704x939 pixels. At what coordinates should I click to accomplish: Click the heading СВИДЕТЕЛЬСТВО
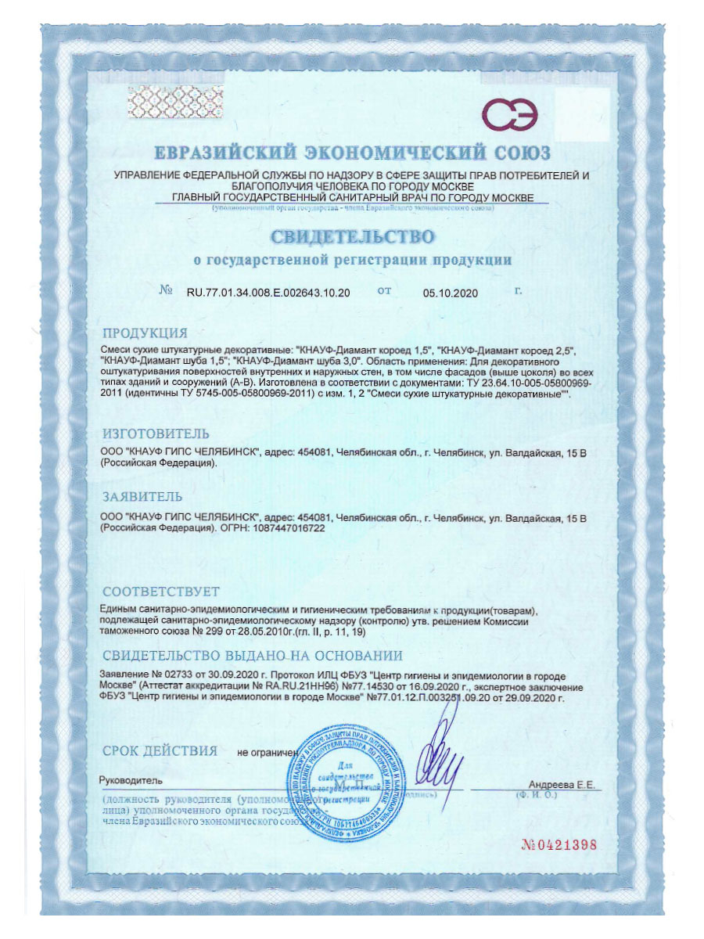tap(352, 236)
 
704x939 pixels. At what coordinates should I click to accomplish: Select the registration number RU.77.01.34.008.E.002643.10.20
tap(268, 293)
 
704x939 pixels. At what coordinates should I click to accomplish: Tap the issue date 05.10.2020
tap(450, 293)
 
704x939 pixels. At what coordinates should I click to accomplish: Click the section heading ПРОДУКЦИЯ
tap(145, 332)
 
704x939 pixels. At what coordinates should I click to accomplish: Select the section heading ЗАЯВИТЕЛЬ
tap(142, 496)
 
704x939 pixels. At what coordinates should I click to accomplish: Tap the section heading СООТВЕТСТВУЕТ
tap(161, 591)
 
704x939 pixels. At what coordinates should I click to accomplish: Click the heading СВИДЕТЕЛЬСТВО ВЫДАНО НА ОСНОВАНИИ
tap(252, 656)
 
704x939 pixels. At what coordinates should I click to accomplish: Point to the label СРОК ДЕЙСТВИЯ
tap(160, 751)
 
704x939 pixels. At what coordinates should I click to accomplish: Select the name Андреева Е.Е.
tap(562, 783)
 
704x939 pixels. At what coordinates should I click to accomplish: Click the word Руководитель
tap(130, 780)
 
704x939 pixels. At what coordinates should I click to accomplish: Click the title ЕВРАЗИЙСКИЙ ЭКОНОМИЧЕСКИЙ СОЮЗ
tap(352, 152)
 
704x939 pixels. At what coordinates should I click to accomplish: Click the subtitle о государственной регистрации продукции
tap(352, 259)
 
